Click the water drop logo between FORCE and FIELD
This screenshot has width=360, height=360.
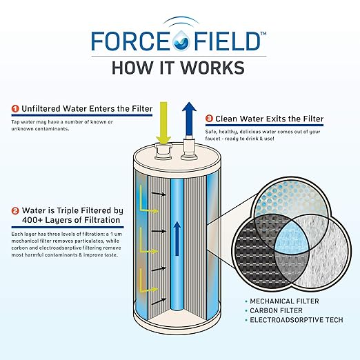[x=179, y=41]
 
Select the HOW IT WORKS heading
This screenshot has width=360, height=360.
[x=179, y=68]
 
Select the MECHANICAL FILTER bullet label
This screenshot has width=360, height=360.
[x=278, y=301]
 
